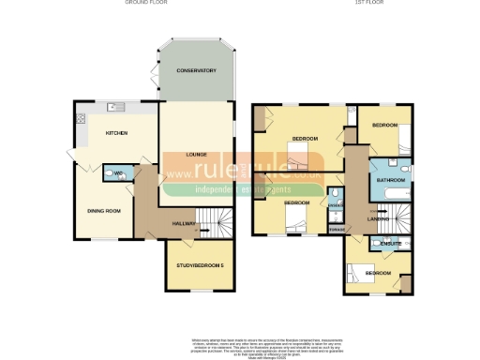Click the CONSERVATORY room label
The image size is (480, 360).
tap(197, 70)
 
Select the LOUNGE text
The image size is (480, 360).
tap(196, 154)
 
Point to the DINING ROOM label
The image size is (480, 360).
tap(105, 211)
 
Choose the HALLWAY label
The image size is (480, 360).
tap(185, 222)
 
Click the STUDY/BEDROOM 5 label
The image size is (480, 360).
tap(200, 266)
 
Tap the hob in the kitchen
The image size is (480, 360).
tap(81, 118)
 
